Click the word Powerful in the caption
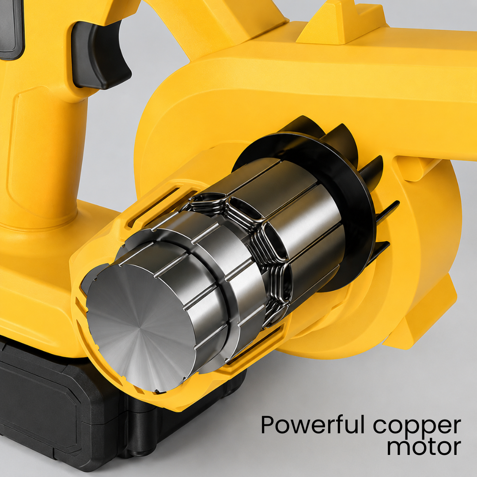(312, 425)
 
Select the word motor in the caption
(424, 447)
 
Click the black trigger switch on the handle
(100, 55)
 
